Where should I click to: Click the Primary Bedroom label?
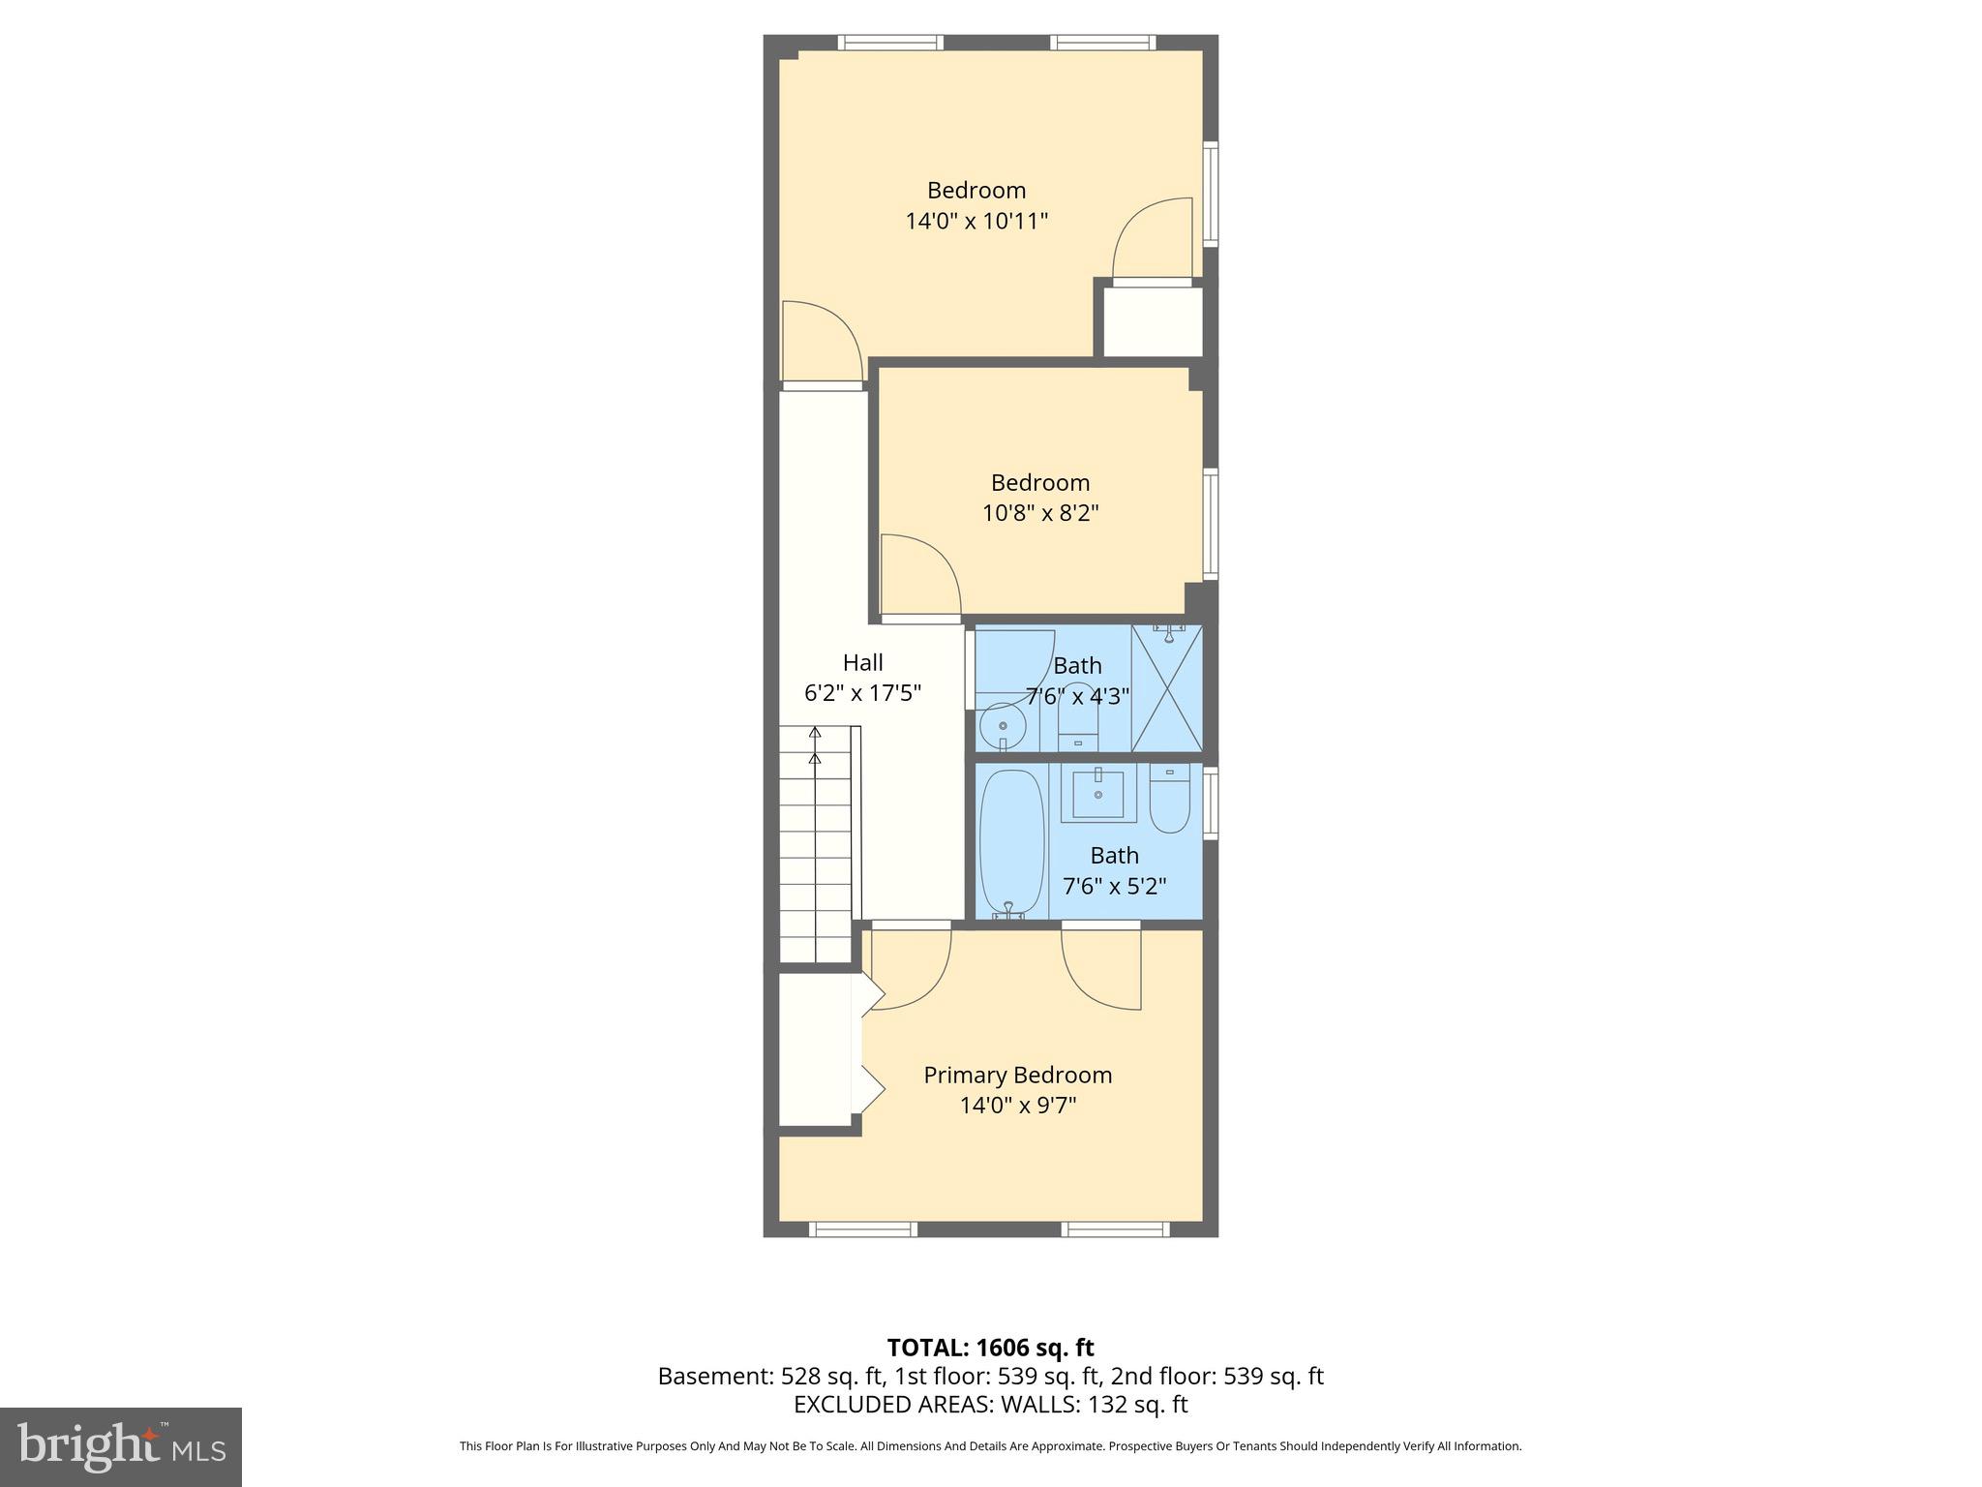(x=1017, y=1075)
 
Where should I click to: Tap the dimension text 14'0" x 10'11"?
(x=976, y=222)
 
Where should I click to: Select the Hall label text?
(x=862, y=662)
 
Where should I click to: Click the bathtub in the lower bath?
(x=1012, y=843)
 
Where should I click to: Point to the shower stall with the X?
(x=1167, y=688)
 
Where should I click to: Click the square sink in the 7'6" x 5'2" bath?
(x=1098, y=795)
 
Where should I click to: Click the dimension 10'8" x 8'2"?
(x=1040, y=513)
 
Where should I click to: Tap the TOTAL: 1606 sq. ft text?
(x=990, y=1348)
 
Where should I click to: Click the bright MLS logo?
(x=121, y=1446)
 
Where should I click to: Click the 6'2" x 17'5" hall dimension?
(x=862, y=693)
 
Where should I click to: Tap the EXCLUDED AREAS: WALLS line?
(x=990, y=1405)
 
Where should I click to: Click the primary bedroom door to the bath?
(x=1101, y=968)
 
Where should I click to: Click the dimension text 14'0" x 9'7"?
(x=1017, y=1106)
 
